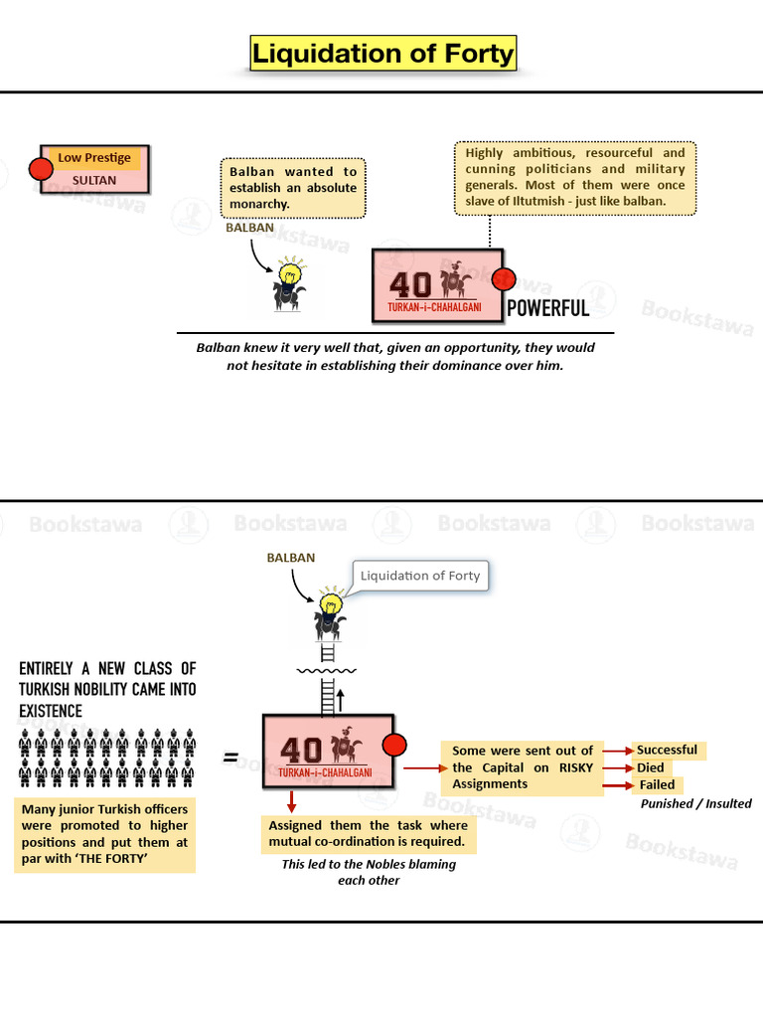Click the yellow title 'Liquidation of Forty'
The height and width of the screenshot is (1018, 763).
point(383,54)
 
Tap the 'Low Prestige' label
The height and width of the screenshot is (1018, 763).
point(94,158)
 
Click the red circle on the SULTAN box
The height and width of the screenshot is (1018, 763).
point(41,169)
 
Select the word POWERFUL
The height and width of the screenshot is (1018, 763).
point(548,308)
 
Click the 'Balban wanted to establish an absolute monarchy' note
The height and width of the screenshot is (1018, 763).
point(293,188)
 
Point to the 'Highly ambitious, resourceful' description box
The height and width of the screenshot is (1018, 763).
point(575,177)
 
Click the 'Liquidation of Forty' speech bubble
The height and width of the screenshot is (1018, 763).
point(420,576)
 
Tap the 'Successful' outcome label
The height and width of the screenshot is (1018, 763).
point(667,750)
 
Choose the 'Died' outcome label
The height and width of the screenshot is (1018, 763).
point(651,767)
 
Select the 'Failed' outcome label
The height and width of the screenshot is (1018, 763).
point(658,785)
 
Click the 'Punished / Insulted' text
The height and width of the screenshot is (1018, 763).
point(696,803)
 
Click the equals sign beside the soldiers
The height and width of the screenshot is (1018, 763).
point(230,757)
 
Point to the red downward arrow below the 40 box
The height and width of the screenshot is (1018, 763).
point(292,802)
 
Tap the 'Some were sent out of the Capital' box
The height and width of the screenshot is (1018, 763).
point(523,768)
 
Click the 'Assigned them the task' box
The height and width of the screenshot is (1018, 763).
point(368,834)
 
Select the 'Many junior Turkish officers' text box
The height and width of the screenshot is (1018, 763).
point(104,834)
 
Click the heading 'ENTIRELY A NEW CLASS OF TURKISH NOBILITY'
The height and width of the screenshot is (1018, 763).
point(107,690)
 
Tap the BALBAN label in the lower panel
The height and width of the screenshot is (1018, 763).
point(291,558)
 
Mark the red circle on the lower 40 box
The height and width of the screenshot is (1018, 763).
point(394,745)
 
